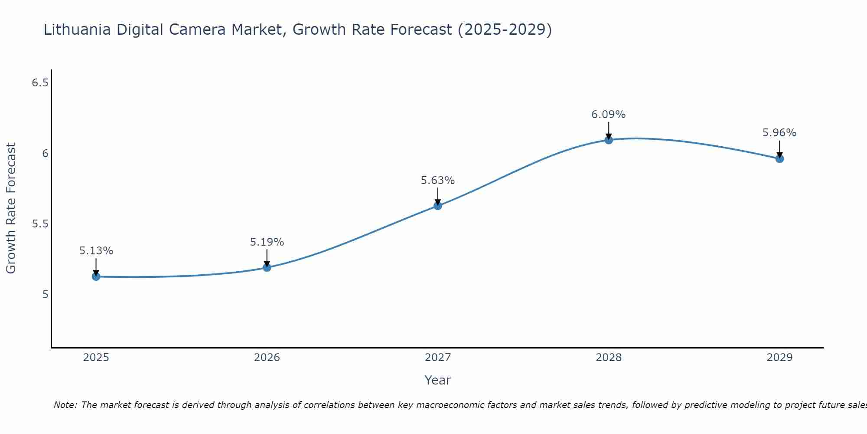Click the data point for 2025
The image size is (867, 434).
click(x=96, y=276)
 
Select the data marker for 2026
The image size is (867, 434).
click(x=267, y=267)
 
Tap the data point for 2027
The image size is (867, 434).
click(x=437, y=206)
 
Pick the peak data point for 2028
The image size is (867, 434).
click(x=609, y=140)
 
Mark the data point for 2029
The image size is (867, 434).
click(x=779, y=159)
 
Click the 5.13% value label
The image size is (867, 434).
click(x=96, y=251)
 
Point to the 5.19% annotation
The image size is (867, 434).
click(x=267, y=242)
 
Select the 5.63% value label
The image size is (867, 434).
click(x=438, y=181)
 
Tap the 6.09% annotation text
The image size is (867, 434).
click(x=609, y=115)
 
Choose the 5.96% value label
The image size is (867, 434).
click(x=779, y=133)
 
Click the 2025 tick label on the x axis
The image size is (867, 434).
click(x=96, y=358)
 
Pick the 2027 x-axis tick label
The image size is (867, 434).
click(x=438, y=358)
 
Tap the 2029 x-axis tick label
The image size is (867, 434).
click(x=779, y=358)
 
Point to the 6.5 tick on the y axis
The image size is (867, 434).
click(x=40, y=82)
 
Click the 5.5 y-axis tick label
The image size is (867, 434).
click(x=40, y=224)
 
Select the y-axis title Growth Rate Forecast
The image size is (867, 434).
click(x=11, y=208)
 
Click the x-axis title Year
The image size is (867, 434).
click(x=438, y=380)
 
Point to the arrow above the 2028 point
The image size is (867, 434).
click(x=609, y=130)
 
